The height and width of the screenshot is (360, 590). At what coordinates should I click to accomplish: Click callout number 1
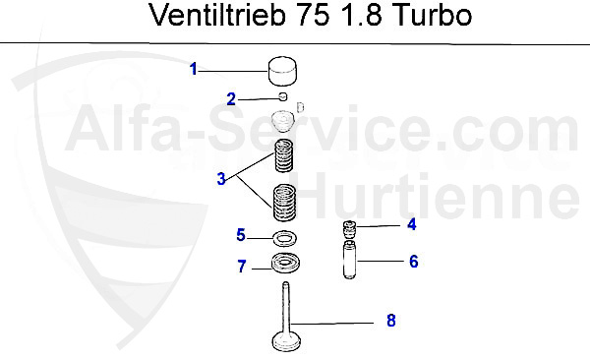(x=194, y=69)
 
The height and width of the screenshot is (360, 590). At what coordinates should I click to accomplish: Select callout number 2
(x=231, y=98)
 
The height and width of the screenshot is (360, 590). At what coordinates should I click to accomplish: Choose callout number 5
(x=240, y=235)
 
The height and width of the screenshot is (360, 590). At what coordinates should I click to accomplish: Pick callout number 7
(x=240, y=266)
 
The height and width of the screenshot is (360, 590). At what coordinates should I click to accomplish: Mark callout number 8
(x=390, y=321)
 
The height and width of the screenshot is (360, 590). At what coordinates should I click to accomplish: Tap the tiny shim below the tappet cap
(x=282, y=97)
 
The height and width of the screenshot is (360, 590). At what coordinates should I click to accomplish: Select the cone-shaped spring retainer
(x=283, y=122)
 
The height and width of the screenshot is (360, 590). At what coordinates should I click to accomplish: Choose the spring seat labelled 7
(x=286, y=264)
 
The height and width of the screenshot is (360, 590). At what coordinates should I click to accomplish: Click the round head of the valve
(x=286, y=342)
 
